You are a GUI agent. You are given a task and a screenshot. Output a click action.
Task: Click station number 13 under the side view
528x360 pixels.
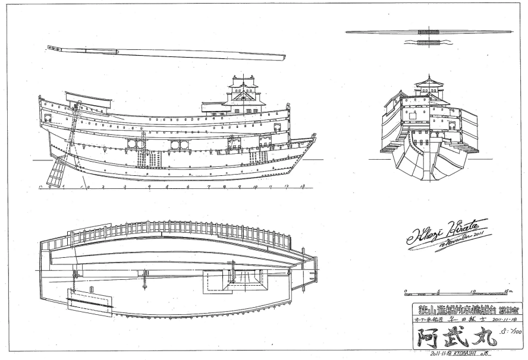coord(303,187)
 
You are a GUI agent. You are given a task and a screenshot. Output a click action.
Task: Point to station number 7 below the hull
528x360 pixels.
coord(209,187)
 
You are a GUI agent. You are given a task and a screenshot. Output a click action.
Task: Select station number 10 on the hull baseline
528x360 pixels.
coord(255,187)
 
